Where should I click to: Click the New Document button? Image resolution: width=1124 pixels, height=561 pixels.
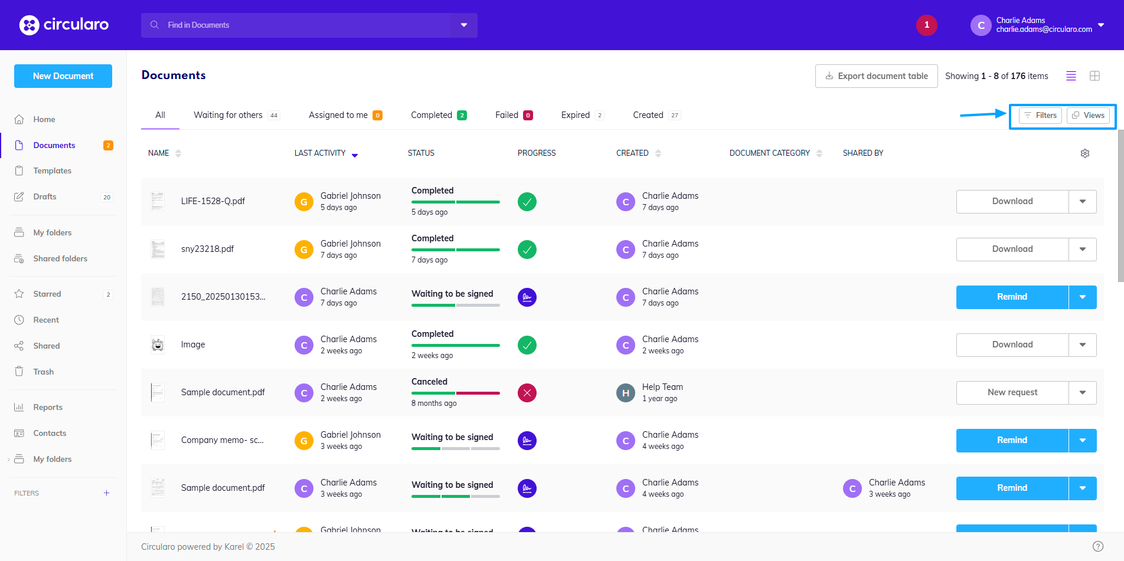click(x=63, y=76)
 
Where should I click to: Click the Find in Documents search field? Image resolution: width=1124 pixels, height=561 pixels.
click(x=301, y=25)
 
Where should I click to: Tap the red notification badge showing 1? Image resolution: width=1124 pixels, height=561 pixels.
click(x=926, y=25)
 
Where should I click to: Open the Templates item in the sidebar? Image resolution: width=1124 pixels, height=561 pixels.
click(x=52, y=171)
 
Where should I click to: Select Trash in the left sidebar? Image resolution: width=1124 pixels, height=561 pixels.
click(x=43, y=372)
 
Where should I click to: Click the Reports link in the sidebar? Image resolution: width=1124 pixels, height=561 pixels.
click(x=48, y=407)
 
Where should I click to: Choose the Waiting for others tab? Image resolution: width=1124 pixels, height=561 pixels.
click(x=228, y=115)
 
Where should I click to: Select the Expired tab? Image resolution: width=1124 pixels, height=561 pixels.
click(x=576, y=115)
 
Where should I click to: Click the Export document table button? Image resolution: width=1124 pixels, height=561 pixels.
click(x=876, y=76)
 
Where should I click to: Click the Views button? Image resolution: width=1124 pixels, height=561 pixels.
click(x=1088, y=116)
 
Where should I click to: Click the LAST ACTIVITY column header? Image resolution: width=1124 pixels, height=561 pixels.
click(x=321, y=153)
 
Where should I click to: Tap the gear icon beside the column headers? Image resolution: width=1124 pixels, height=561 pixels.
click(x=1084, y=153)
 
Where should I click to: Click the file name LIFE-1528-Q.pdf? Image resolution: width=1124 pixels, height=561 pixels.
click(x=213, y=201)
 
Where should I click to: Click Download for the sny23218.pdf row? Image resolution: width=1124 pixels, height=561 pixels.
click(x=1012, y=250)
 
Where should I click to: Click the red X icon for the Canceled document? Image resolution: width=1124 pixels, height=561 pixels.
click(x=527, y=393)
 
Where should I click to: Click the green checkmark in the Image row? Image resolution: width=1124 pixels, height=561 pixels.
click(x=527, y=345)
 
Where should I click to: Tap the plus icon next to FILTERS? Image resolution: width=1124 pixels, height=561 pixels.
click(x=106, y=493)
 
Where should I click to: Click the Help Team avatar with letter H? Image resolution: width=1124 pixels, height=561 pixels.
click(x=625, y=393)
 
